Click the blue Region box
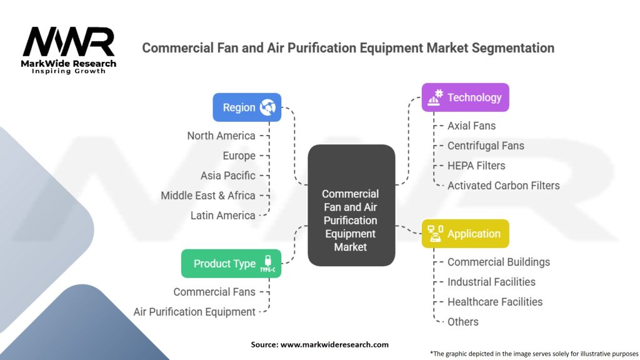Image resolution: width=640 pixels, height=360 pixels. [x=247, y=107]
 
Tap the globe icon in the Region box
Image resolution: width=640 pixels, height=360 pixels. [x=268, y=107]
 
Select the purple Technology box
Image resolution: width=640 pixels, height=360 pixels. [x=465, y=97]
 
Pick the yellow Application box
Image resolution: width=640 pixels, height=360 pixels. [x=465, y=234]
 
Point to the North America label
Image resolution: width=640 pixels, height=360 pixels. [x=221, y=136]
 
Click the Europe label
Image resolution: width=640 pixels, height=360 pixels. [x=239, y=156]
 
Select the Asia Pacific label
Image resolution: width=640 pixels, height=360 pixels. [x=227, y=176]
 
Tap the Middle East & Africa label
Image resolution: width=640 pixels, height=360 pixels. [x=207, y=196]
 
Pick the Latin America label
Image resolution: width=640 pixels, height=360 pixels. [x=222, y=216]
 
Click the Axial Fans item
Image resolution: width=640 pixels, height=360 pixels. [x=471, y=126]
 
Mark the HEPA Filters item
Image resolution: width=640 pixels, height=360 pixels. [x=476, y=166]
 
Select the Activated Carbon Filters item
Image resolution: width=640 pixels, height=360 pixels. [x=503, y=186]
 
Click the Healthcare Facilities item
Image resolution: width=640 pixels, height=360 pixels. [x=494, y=302]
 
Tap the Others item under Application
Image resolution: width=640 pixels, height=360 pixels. [x=462, y=322]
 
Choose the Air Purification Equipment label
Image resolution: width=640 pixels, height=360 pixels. [x=194, y=312]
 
